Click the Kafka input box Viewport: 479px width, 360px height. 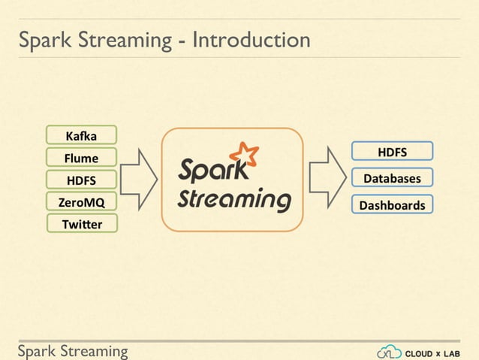81,135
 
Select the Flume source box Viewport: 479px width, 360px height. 81,157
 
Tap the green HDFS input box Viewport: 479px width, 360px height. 81,180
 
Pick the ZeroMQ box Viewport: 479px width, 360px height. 81,201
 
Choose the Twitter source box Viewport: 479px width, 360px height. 81,223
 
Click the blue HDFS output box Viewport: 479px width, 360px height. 392,152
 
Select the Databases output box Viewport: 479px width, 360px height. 392,178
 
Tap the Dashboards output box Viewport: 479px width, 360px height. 392,204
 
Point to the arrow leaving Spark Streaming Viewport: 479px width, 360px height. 327,180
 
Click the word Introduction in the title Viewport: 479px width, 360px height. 251,39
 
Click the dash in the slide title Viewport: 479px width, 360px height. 182,41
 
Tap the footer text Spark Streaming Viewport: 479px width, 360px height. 73,351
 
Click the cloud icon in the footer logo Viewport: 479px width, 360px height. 389,352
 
